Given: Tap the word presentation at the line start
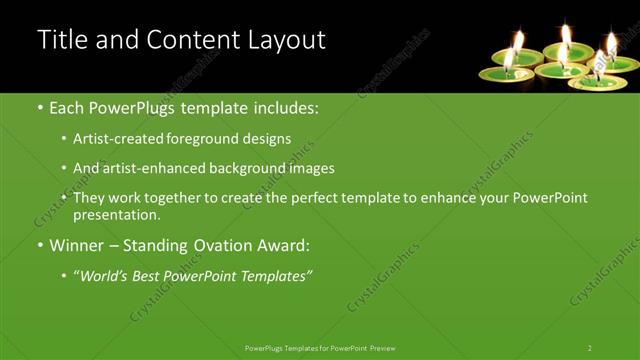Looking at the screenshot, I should (116, 215).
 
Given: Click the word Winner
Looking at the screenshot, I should (77, 245).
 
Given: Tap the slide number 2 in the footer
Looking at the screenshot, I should (590, 347).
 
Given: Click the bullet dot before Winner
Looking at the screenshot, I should (40, 246).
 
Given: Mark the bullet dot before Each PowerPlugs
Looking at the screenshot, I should (40, 108).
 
